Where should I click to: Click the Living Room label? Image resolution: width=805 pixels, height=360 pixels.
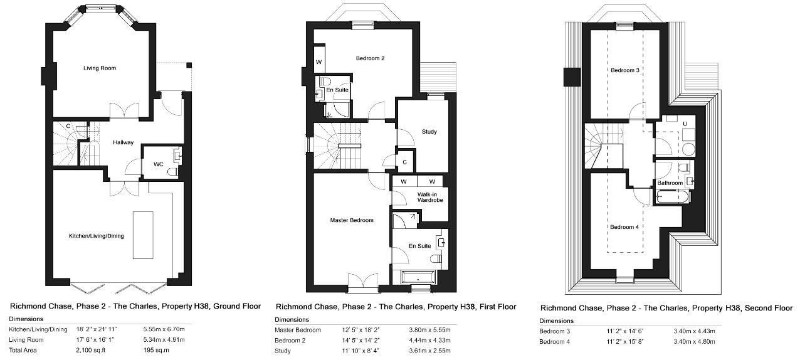pyautogui.click(x=100, y=68)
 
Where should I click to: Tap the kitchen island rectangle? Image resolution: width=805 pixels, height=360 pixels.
pyautogui.click(x=143, y=235)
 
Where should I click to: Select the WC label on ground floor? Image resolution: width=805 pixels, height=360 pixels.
pyautogui.click(x=159, y=164)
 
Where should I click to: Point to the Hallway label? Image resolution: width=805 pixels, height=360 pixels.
pyautogui.click(x=124, y=142)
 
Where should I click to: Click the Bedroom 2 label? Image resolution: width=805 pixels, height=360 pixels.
pyautogui.click(x=370, y=58)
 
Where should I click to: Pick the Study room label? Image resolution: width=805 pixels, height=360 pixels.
pyautogui.click(x=429, y=132)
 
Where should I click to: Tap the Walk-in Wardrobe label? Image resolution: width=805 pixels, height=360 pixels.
pyautogui.click(x=430, y=197)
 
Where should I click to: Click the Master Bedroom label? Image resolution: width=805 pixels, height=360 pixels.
pyautogui.click(x=352, y=220)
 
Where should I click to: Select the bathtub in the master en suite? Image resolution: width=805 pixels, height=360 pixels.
pyautogui.click(x=419, y=278)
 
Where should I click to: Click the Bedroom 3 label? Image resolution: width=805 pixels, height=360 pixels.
pyautogui.click(x=625, y=70)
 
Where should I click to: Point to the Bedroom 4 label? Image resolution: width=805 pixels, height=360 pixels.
pyautogui.click(x=624, y=227)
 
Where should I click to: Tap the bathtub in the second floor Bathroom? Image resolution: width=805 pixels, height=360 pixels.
pyautogui.click(x=672, y=197)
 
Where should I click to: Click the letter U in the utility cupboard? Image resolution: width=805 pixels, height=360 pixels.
pyautogui.click(x=685, y=124)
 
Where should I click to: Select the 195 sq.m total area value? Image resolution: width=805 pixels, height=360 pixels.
pyautogui.click(x=156, y=350)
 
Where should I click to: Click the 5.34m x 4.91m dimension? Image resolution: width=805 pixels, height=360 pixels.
pyautogui.click(x=164, y=339)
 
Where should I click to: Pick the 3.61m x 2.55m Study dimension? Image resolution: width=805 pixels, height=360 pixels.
pyautogui.click(x=429, y=351)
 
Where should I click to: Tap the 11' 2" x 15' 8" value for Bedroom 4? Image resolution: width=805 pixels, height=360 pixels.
pyautogui.click(x=625, y=342)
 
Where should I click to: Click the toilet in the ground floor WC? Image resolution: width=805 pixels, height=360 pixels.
pyautogui.click(x=173, y=172)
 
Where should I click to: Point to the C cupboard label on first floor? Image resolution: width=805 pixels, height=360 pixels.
pyautogui.click(x=404, y=162)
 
